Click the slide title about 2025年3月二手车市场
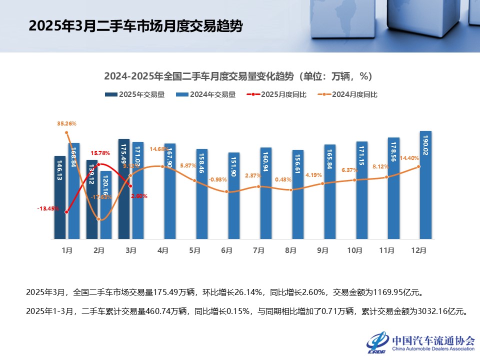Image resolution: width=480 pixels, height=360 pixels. coord(135,26)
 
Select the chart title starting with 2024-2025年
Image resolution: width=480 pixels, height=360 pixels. coord(238,76)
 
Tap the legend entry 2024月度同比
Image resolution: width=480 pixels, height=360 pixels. coord(348,94)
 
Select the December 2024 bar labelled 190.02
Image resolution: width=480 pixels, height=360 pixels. coord(425,185)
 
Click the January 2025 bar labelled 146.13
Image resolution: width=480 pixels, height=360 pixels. coord(60,197)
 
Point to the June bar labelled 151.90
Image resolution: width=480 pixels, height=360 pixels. coord(234,195)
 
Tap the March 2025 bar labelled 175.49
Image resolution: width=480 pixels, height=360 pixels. coord(124,189)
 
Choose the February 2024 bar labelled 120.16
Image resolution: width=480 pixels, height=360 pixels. coord(106,205)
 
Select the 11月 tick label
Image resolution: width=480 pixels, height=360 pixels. coord(386,250)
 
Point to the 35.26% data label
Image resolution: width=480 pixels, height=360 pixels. coord(66,123)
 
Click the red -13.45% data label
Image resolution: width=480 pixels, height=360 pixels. coord(48,208)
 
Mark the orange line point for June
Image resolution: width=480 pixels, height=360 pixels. coord(226,191)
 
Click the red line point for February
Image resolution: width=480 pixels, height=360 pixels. coord(98,164)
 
